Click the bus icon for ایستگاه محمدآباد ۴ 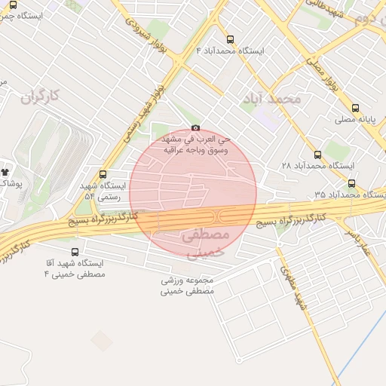[x=230, y=39]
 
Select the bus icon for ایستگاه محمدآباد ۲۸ [x=317, y=154]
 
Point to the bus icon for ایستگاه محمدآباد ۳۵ [x=351, y=183]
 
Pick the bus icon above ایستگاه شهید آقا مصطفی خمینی [x=75, y=252]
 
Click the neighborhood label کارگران [x=39, y=96]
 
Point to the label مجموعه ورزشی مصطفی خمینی [x=187, y=284]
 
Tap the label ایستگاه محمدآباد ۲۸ [x=317, y=165]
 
